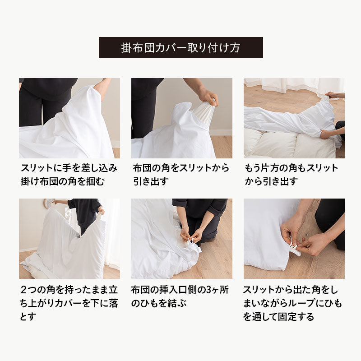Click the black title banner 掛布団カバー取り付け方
(x=181, y=47)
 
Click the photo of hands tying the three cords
(x=182, y=239)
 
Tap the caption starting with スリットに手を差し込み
(x=69, y=175)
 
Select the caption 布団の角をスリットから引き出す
(x=181, y=175)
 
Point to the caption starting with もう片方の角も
(x=291, y=175)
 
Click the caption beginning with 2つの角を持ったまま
(x=69, y=303)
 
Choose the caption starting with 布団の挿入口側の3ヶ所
(x=180, y=296)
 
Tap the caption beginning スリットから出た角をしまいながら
(x=292, y=303)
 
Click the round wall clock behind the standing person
(x=49, y=203)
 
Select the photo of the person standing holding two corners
(x=69, y=239)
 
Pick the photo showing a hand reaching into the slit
(x=69, y=118)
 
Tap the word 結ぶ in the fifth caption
(x=177, y=303)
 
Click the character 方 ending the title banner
(x=235, y=48)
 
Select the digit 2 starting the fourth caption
(x=23, y=290)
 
